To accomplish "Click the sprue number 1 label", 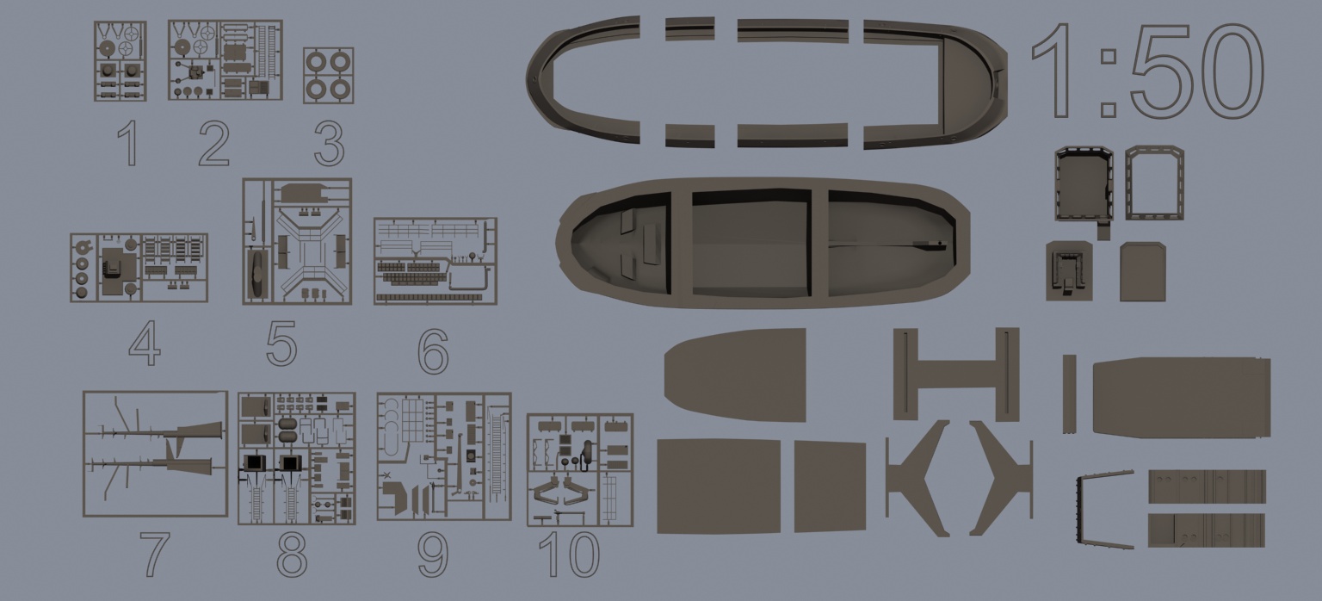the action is click(129, 143).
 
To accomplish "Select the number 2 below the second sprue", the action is click(214, 143).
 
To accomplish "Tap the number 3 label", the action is click(330, 143).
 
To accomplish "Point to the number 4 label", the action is click(145, 344).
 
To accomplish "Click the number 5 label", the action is click(281, 343).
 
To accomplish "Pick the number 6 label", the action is click(433, 351).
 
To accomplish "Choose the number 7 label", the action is click(155, 554).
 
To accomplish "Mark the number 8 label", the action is click(292, 554).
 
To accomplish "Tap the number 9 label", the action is click(433, 554).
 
